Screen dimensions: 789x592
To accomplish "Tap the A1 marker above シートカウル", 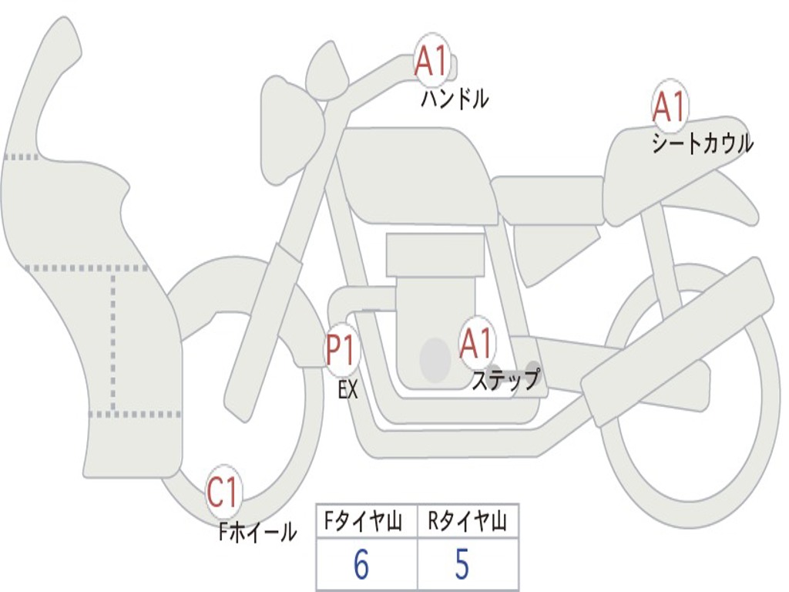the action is point(669,107).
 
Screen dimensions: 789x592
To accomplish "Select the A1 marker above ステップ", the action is point(477,344).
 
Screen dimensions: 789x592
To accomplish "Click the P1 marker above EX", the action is point(341,351).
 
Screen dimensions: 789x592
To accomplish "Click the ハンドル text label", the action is point(455,99).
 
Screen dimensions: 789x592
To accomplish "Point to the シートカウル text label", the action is point(702,144).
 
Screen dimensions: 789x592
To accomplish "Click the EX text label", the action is point(348,390).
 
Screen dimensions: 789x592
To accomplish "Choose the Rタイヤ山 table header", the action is point(467,523).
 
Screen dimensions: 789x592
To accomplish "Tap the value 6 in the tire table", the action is point(361,565).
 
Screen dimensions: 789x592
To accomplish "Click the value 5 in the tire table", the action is point(462,565).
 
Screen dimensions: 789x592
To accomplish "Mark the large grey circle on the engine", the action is point(435,359).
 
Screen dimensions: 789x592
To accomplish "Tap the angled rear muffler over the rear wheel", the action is point(678,339).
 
